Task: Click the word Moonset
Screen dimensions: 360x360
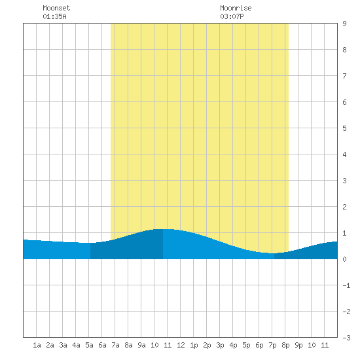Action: tap(56, 8)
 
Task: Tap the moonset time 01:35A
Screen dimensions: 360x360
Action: tap(54, 16)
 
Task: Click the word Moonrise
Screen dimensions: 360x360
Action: tap(236, 8)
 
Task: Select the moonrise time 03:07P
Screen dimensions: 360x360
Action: tap(232, 16)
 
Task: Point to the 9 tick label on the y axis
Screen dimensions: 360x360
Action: tap(344, 24)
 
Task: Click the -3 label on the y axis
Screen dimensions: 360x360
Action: tap(346, 338)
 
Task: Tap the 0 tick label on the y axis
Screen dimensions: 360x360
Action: tap(344, 259)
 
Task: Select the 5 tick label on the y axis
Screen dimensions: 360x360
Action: tap(344, 128)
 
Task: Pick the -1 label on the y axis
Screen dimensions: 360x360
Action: tap(346, 285)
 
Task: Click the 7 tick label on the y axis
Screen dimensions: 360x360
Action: tap(344, 76)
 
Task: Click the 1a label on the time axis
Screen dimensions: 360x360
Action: tap(37, 345)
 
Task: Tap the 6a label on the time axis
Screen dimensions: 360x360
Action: tap(102, 345)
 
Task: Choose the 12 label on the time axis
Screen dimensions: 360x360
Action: tap(181, 345)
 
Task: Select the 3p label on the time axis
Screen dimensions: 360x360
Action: tap(220, 346)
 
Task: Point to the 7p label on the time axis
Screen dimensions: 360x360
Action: tap(272, 346)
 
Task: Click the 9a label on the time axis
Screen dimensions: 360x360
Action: tap(141, 345)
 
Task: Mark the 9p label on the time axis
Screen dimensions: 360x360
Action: tap(298, 346)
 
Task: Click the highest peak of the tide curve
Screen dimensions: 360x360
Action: tap(163, 229)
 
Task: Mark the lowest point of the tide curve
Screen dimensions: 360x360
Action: tap(273, 253)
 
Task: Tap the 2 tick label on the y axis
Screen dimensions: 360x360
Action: tap(344, 207)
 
